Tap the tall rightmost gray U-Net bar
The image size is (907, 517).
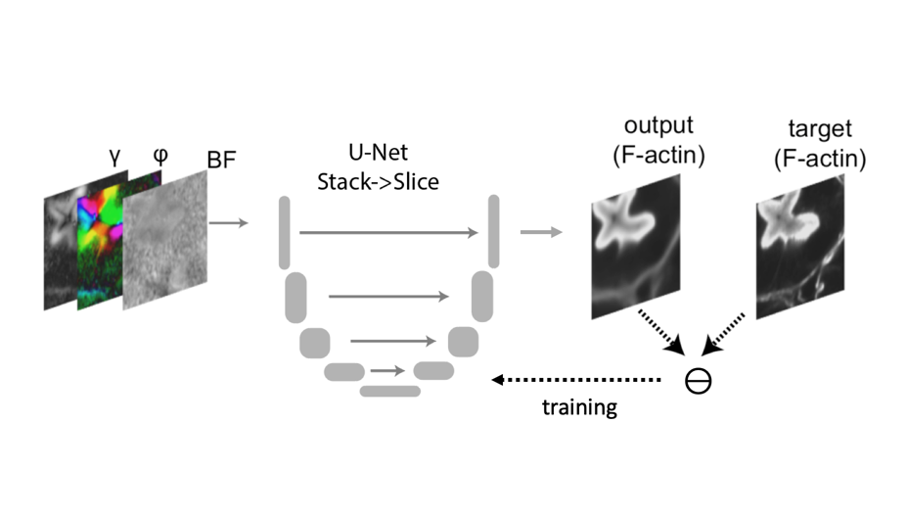(x=494, y=229)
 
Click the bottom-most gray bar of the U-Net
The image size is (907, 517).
(x=390, y=392)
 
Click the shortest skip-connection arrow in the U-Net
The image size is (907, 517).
(x=387, y=371)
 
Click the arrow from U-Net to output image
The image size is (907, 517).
(x=541, y=232)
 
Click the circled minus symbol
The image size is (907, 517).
(x=699, y=381)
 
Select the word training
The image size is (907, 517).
(x=580, y=407)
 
